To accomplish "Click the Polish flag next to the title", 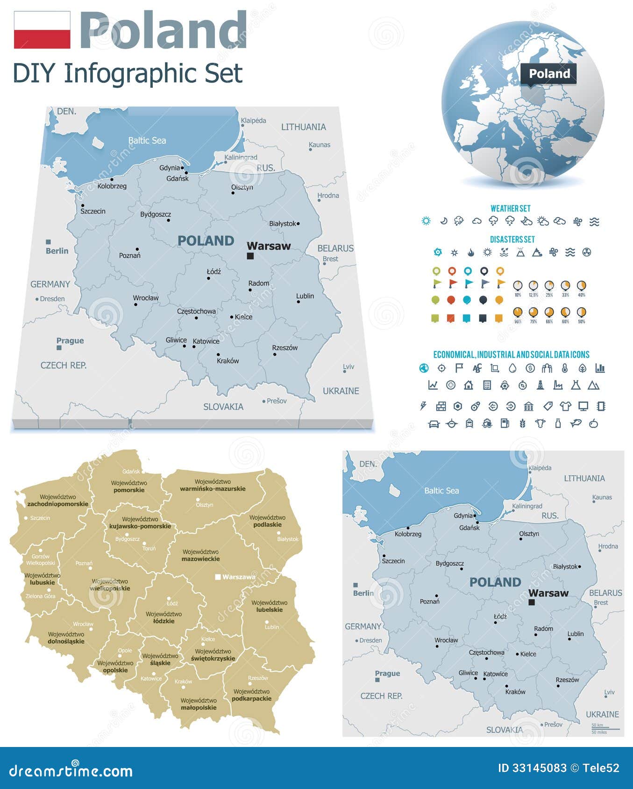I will click(42, 30).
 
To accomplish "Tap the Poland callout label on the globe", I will click(549, 74).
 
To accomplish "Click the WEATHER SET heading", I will click(510, 209).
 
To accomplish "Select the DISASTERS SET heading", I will click(512, 240).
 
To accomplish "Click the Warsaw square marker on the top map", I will click(250, 256).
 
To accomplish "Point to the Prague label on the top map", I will click(70, 341).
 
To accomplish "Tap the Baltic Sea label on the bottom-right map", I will click(441, 491).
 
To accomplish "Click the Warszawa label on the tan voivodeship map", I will click(238, 577).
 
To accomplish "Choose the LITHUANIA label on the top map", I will click(303, 127).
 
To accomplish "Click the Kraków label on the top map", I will click(228, 361).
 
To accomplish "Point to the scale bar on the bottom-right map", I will click(605, 728).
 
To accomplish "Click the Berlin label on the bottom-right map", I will click(363, 593).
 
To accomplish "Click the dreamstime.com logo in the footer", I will click(71, 770).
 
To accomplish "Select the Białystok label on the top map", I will click(283, 224).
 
